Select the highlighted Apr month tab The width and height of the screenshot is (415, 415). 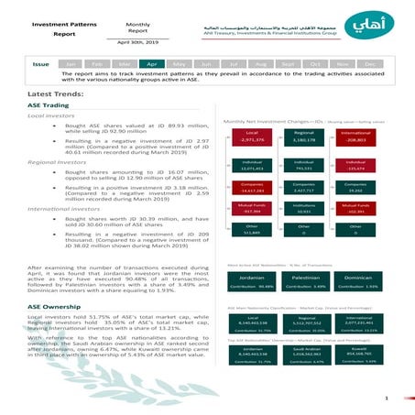152,64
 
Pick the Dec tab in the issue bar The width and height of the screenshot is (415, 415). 370,64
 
